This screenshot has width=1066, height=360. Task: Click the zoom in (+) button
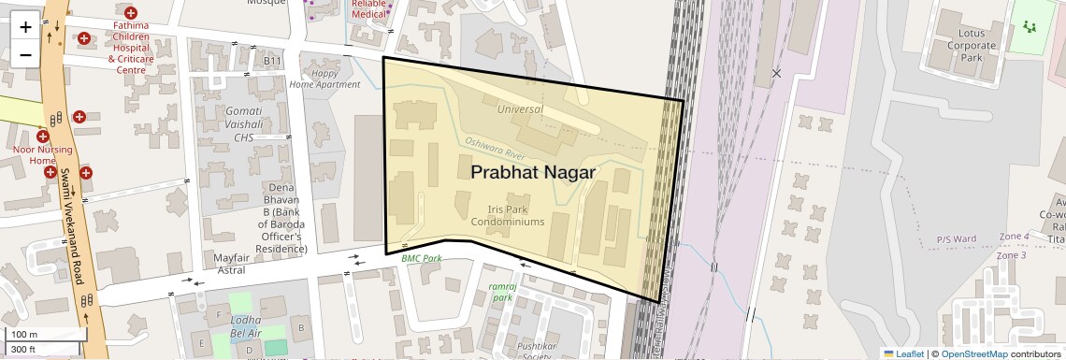coord(25,27)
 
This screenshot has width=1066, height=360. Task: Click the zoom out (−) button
coord(25,53)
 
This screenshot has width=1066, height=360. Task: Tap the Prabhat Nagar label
coord(532,172)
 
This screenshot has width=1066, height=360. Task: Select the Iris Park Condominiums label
coord(508,216)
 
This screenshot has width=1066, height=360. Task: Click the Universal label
coord(520,109)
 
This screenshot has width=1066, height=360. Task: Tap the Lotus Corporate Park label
coord(971,45)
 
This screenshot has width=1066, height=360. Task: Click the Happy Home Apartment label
coord(324,79)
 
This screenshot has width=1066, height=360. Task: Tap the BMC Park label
coord(422,258)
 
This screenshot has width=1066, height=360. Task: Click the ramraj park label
coord(502,291)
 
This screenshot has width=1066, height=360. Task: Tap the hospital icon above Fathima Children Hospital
coord(130,13)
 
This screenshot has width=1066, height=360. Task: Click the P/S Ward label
coord(956,239)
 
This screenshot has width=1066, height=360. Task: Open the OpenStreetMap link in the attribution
coord(973,353)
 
